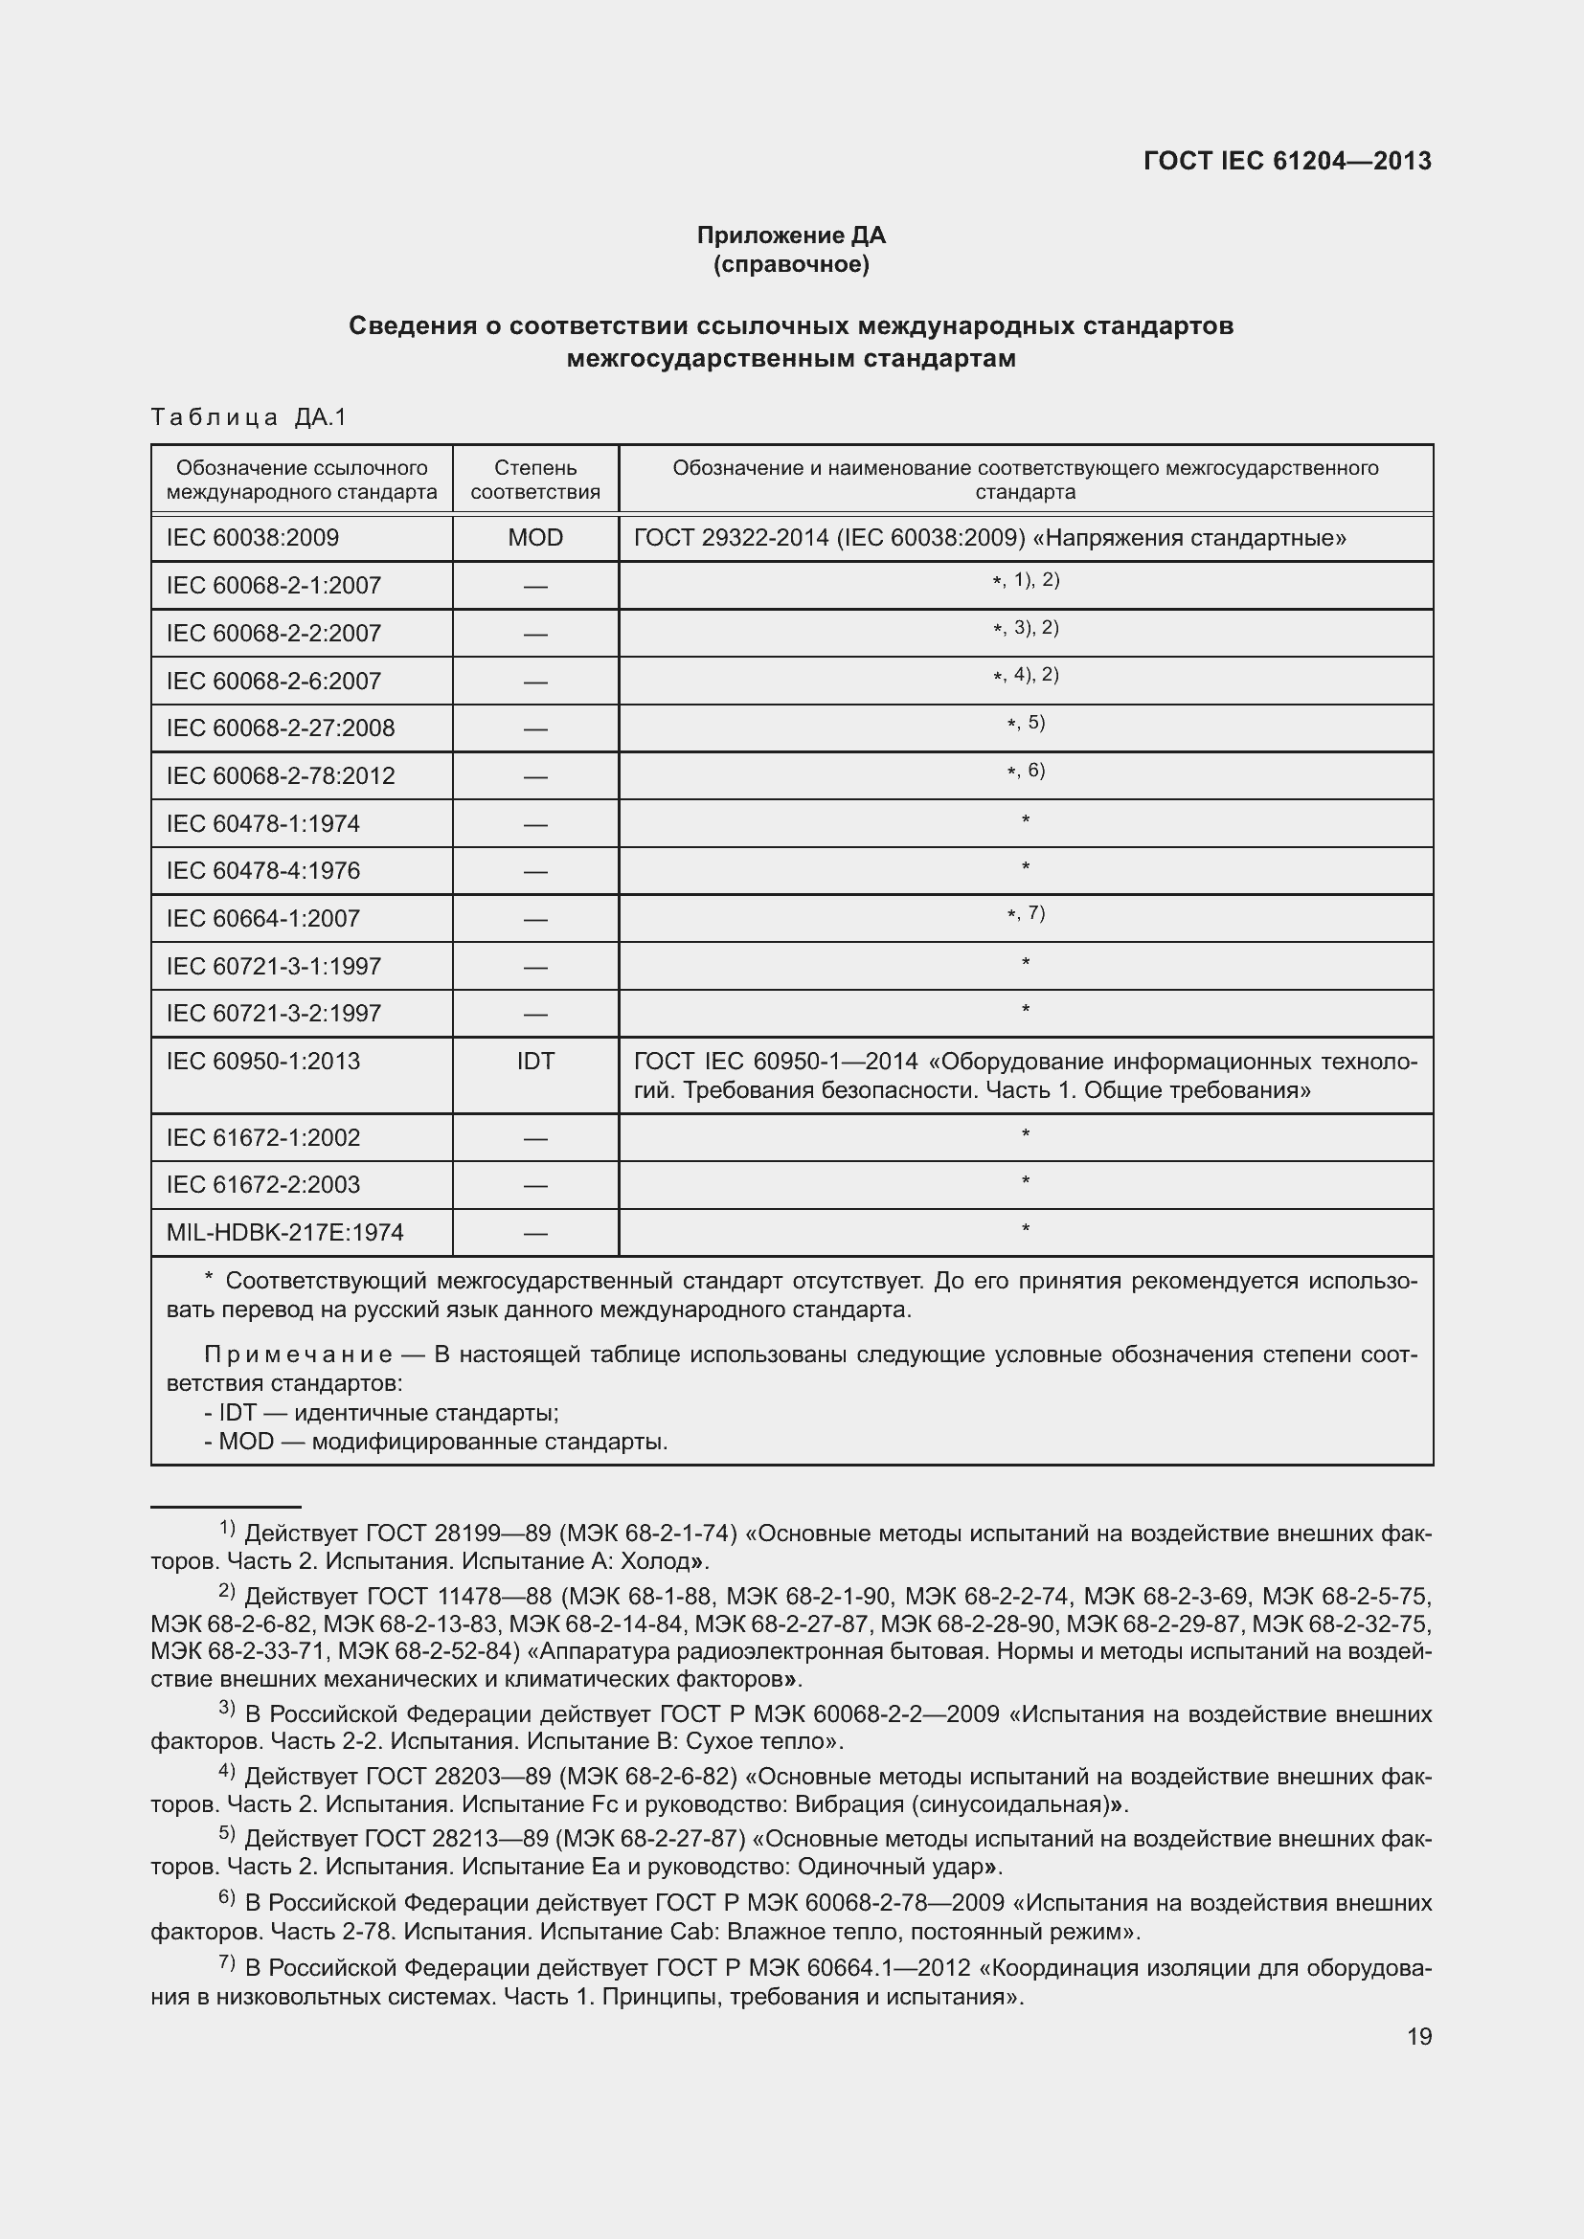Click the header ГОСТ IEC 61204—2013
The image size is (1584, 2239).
(x=1286, y=161)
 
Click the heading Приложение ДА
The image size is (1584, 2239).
(x=791, y=235)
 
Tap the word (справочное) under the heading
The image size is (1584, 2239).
(x=791, y=264)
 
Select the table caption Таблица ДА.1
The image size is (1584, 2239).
(x=250, y=417)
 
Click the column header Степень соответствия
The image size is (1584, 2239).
(x=535, y=480)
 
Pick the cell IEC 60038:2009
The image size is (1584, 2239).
(x=253, y=537)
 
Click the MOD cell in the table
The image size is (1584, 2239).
(x=535, y=537)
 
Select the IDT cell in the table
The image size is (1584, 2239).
(x=535, y=1061)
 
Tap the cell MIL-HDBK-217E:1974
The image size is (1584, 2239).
(x=284, y=1233)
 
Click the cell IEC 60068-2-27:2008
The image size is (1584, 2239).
(x=281, y=728)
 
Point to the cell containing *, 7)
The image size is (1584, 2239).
(x=1025, y=914)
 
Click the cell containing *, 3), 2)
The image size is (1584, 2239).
(x=1025, y=628)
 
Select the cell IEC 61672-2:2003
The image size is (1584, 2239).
(x=263, y=1185)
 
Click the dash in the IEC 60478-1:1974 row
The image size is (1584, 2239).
(x=535, y=825)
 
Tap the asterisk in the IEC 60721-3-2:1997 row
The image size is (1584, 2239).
(x=1025, y=1010)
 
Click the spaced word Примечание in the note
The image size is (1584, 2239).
(x=298, y=1355)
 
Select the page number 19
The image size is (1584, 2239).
(x=1419, y=2036)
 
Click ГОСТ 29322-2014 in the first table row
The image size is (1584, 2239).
(x=732, y=537)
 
